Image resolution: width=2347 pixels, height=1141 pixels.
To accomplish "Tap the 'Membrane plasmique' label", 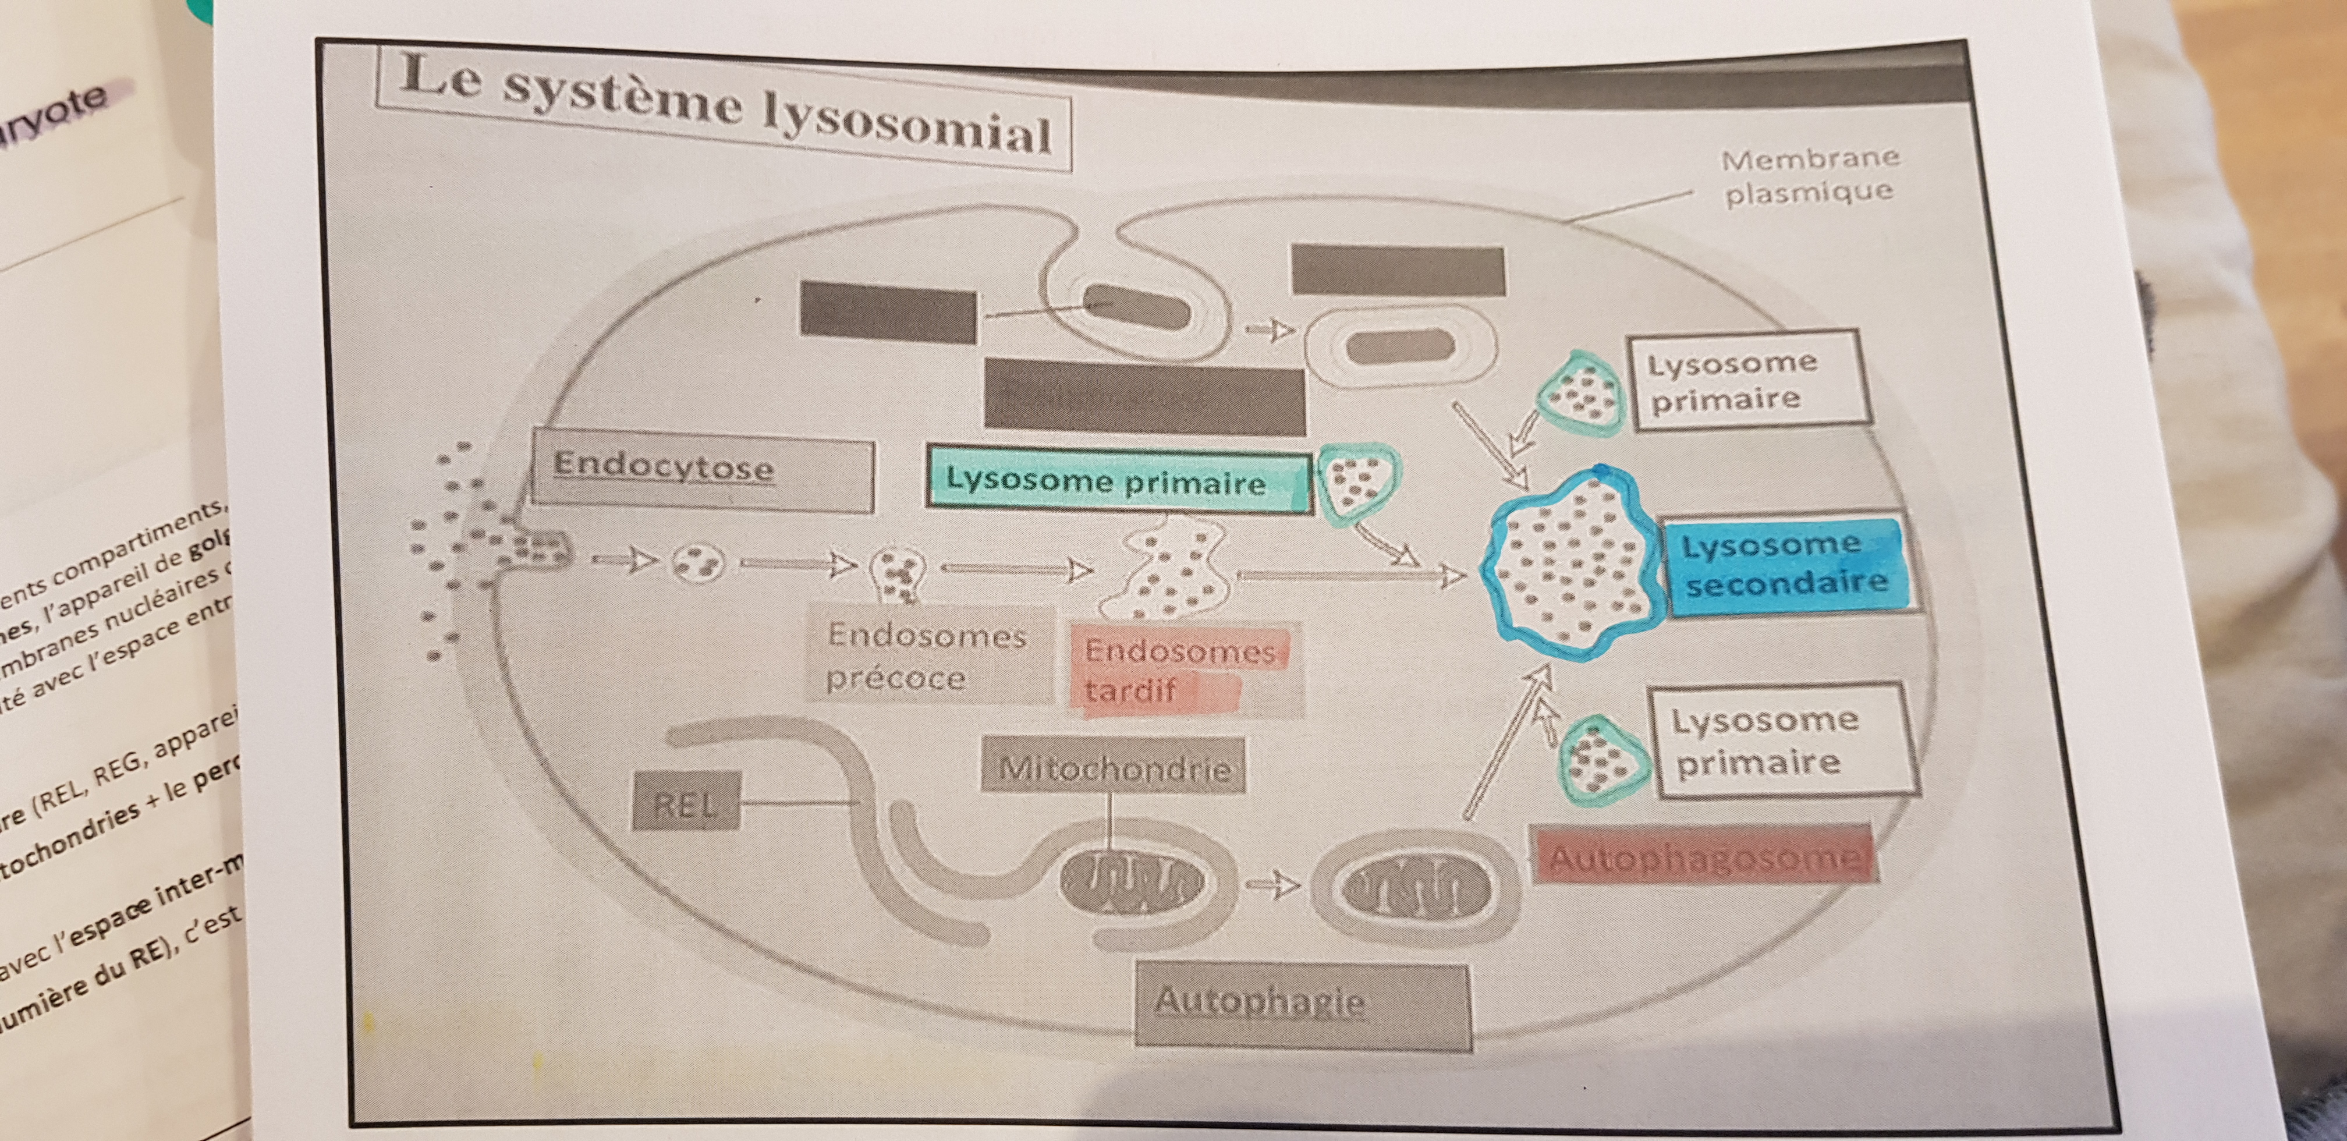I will [x=1809, y=176].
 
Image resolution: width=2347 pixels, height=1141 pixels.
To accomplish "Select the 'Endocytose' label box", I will [x=701, y=474].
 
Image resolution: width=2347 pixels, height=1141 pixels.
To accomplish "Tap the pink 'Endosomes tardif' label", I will [x=1180, y=670].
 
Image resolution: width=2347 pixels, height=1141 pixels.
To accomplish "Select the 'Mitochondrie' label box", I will [x=1114, y=767].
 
